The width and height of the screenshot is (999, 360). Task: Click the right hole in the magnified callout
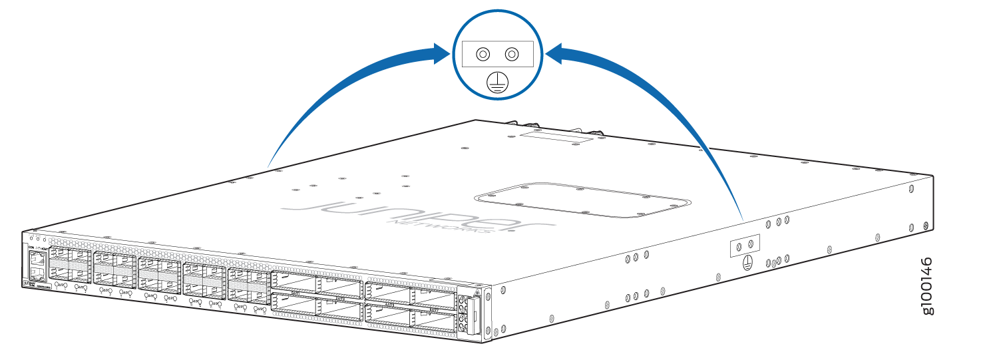[511, 54]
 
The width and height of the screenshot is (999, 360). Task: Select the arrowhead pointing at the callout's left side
[440, 53]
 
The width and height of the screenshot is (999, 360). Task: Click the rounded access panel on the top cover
[580, 200]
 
